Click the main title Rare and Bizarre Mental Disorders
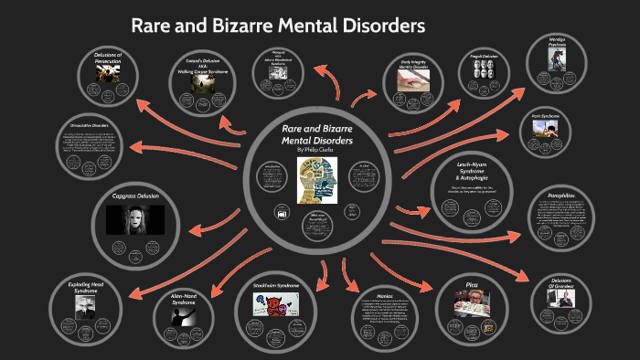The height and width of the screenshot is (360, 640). (x=278, y=25)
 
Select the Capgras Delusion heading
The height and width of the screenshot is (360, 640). (x=135, y=196)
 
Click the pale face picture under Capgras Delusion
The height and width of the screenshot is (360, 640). (x=135, y=220)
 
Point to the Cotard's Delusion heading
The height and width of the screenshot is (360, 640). (x=205, y=65)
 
